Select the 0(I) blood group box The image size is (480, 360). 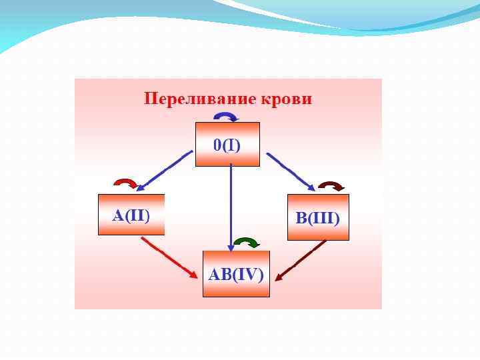click(227, 144)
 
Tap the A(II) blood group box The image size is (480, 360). click(131, 215)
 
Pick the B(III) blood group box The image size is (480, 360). click(318, 217)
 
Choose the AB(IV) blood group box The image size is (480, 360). click(236, 274)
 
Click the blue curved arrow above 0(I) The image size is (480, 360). click(225, 117)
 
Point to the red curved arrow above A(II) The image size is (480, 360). click(125, 182)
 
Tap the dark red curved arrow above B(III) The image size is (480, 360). click(331, 185)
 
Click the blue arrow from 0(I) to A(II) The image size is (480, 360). click(166, 171)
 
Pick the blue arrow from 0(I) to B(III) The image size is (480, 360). click(291, 171)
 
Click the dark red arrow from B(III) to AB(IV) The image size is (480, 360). click(301, 260)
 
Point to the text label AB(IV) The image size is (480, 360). click(236, 274)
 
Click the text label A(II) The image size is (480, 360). click(131, 215)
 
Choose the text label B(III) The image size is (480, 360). click(318, 218)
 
